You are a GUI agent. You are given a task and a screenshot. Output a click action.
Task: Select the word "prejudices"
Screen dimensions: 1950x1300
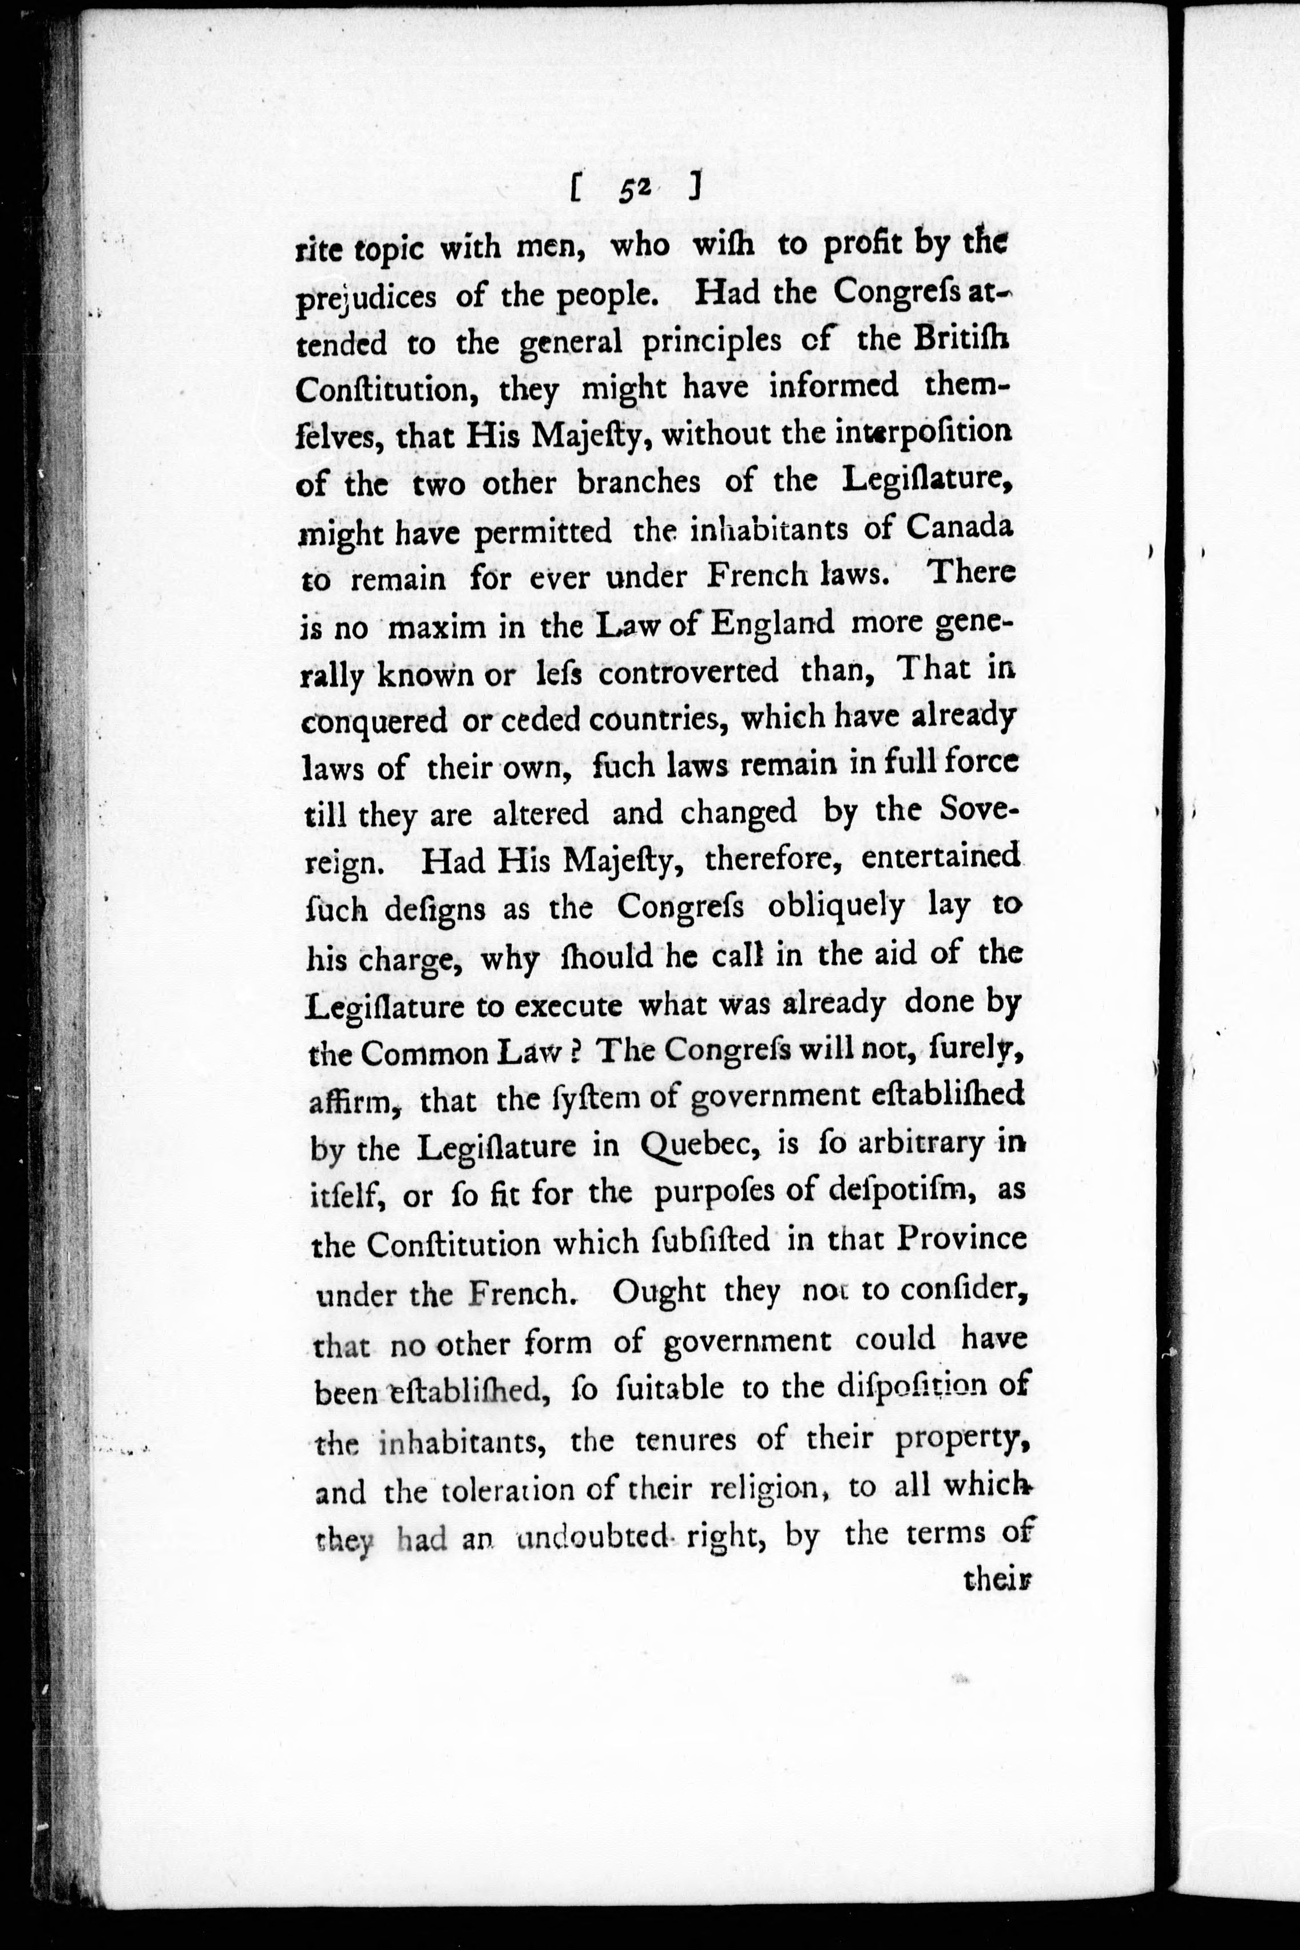pos(366,298)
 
